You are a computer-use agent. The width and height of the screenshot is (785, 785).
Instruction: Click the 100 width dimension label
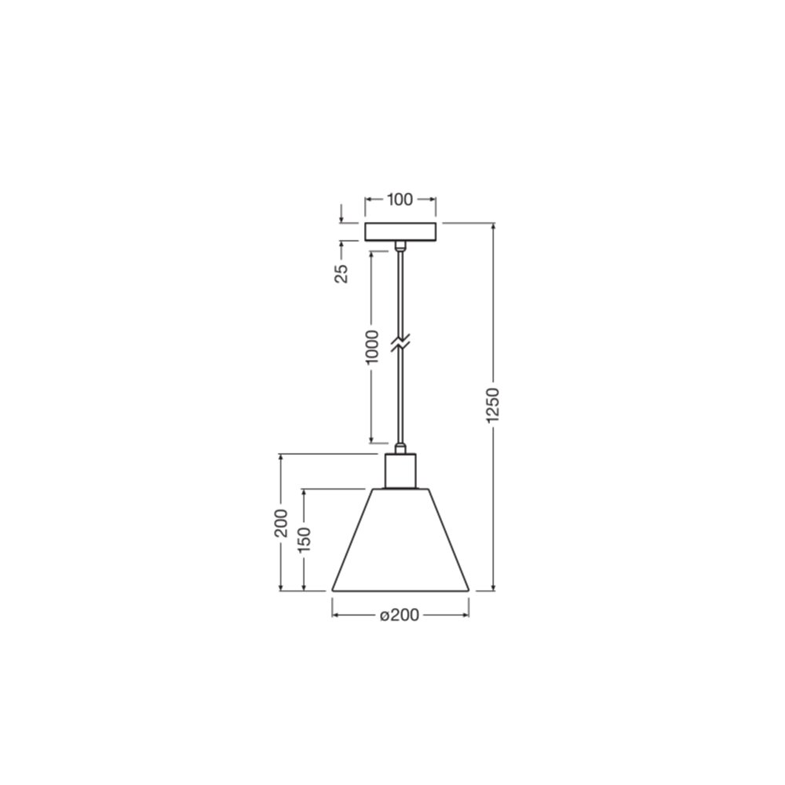tap(400, 199)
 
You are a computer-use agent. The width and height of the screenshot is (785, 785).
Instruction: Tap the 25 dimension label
tap(341, 273)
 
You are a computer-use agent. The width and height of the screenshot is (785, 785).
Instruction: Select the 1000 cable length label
tap(372, 348)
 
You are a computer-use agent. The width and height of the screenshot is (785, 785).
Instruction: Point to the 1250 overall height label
tap(493, 404)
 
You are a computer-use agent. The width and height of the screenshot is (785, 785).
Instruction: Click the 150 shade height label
tap(305, 540)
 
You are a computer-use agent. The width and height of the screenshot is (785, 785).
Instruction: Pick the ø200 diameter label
tap(399, 615)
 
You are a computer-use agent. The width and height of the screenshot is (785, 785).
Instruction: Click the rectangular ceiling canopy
tap(400, 232)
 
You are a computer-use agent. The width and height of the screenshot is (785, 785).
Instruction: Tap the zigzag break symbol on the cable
tap(400, 343)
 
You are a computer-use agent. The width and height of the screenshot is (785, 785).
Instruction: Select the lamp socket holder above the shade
tap(400, 470)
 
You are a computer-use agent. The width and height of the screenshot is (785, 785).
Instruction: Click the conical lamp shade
tap(400, 540)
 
